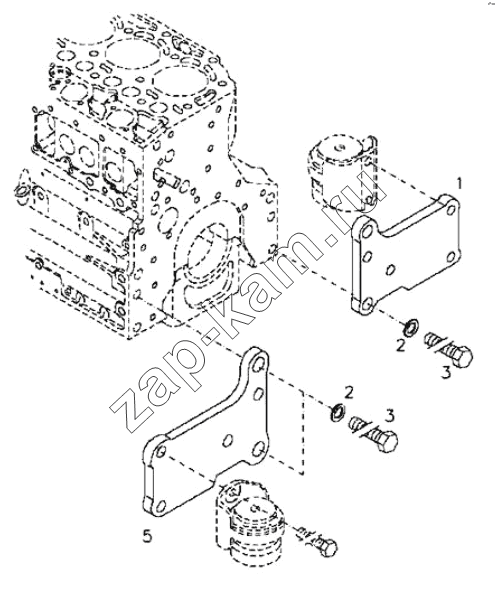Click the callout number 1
(x=460, y=184)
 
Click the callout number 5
(x=147, y=536)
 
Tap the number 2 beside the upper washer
(x=400, y=346)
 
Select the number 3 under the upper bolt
(x=446, y=372)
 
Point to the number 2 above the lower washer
(x=349, y=393)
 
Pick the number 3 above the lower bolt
(x=390, y=416)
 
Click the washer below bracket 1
(x=411, y=328)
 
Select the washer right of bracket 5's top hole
(x=338, y=412)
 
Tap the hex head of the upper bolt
(x=462, y=356)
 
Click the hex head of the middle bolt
(x=387, y=442)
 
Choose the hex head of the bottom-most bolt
(x=328, y=548)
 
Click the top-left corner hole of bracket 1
(x=367, y=231)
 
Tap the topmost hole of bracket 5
(x=259, y=365)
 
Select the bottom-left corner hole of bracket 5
(x=161, y=506)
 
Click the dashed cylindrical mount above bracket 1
(x=341, y=173)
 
